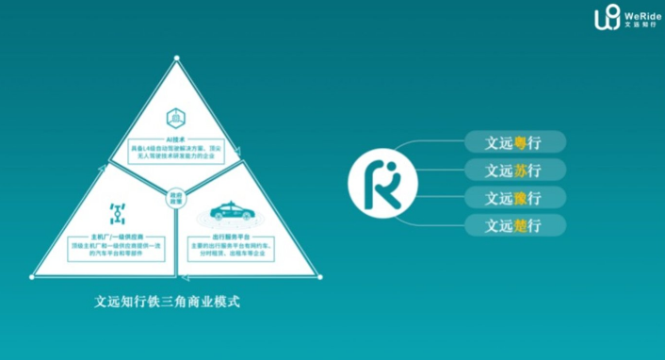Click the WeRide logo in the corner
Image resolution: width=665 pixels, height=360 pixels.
click(x=626, y=17)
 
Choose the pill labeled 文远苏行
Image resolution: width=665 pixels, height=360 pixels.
click(x=514, y=171)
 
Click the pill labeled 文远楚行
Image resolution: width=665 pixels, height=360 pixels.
click(x=514, y=225)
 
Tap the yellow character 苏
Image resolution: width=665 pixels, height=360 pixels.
click(x=521, y=171)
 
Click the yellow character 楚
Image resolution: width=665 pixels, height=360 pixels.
click(x=521, y=225)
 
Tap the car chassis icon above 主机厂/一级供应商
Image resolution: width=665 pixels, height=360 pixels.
click(x=118, y=209)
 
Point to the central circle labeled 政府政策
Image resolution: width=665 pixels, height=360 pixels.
click(x=175, y=196)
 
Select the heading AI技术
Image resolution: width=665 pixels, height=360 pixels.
click(x=175, y=137)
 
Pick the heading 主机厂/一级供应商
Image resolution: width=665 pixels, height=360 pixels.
click(x=118, y=235)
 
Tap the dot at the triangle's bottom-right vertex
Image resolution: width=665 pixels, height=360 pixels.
click(x=319, y=276)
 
